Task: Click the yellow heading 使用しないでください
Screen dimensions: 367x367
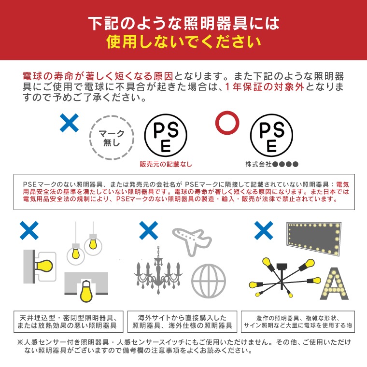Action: coord(183,42)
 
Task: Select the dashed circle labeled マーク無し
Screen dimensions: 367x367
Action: coord(112,138)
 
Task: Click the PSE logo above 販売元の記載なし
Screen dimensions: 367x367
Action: coord(165,137)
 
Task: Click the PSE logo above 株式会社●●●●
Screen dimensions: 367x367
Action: coord(271,137)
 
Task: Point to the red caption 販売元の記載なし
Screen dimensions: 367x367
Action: coord(165,164)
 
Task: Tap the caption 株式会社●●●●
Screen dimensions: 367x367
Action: coord(271,164)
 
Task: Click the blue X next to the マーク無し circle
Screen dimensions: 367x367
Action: coord(70,124)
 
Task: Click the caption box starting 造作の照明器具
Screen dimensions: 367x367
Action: coord(297,322)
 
